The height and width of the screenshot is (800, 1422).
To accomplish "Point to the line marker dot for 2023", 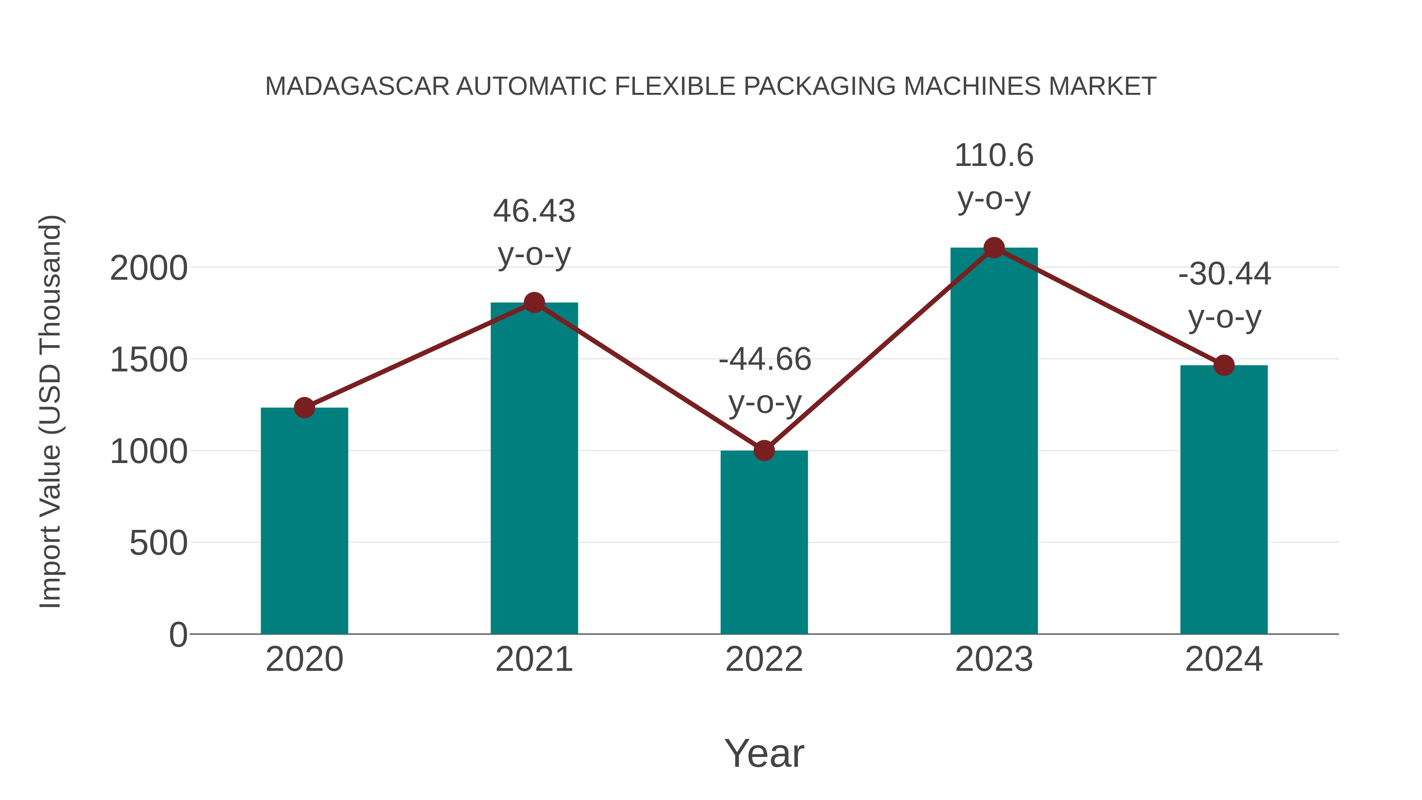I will coord(994,248).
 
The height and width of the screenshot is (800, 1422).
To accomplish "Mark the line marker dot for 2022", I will coord(764,450).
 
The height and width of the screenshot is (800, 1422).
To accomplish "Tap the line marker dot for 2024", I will coord(1224,365).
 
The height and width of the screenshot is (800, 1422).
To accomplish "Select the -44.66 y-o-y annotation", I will coord(765,380).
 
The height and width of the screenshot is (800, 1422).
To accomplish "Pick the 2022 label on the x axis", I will coord(764,659).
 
